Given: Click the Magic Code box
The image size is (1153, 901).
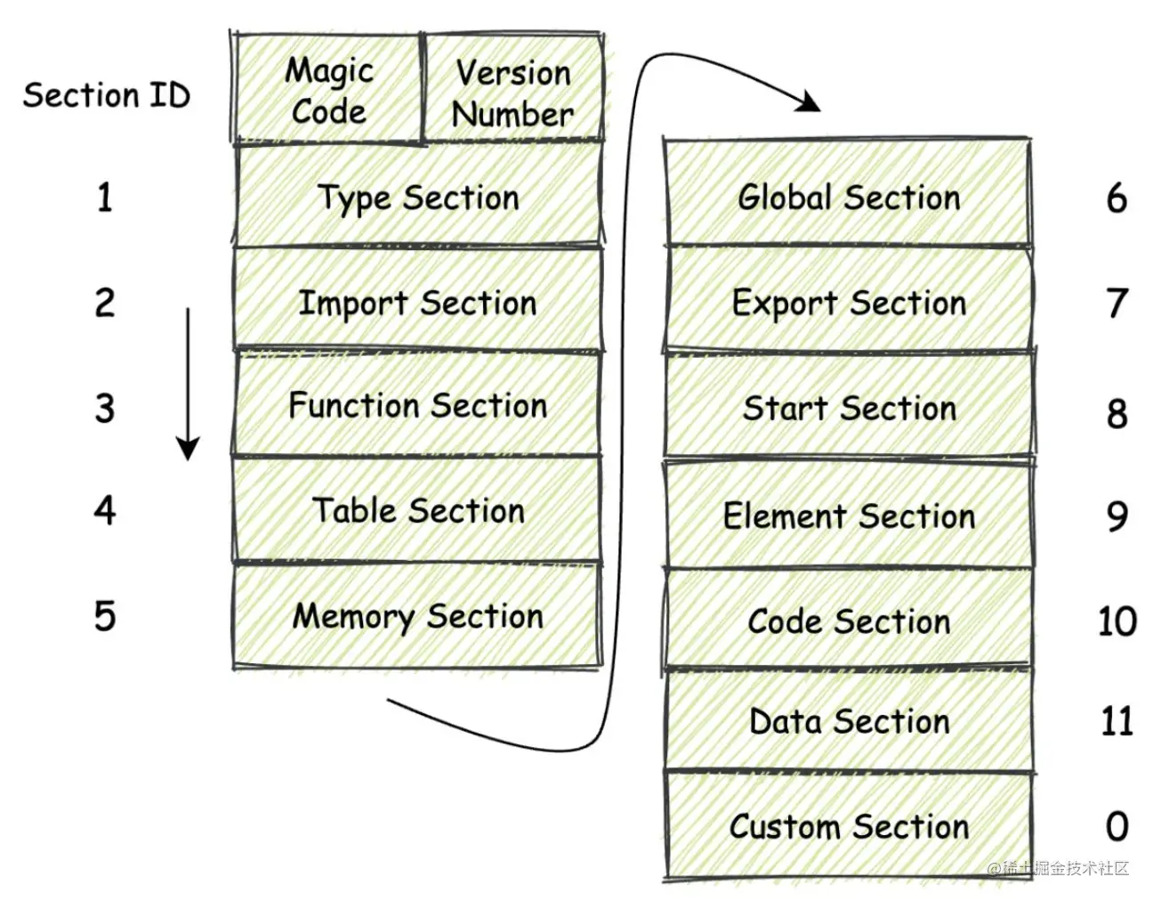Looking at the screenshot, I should point(328,89).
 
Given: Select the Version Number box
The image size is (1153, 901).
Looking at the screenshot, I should point(513,89).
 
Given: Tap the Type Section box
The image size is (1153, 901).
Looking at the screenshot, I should point(417,197).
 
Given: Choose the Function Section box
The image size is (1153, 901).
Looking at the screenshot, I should point(417,405).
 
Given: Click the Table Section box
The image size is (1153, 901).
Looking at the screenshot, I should point(417,510).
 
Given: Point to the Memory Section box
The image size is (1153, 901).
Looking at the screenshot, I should point(417,615).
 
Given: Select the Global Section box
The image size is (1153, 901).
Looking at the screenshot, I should point(848,195).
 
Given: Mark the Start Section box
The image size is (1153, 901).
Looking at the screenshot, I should point(848,407).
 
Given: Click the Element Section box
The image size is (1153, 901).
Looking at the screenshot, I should point(848,515).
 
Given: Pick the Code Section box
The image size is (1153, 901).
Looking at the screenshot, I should point(848,620).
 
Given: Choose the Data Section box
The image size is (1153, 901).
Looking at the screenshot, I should point(848,720).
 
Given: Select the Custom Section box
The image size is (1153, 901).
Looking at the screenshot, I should point(848,825).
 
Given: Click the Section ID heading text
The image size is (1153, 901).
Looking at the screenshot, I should point(107,94).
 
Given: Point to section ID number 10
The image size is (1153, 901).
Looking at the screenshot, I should point(1117,621).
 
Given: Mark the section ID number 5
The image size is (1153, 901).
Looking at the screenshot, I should point(105,615).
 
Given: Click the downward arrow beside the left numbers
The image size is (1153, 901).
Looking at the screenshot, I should point(188,383).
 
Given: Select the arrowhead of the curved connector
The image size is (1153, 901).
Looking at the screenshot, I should point(808,102).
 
